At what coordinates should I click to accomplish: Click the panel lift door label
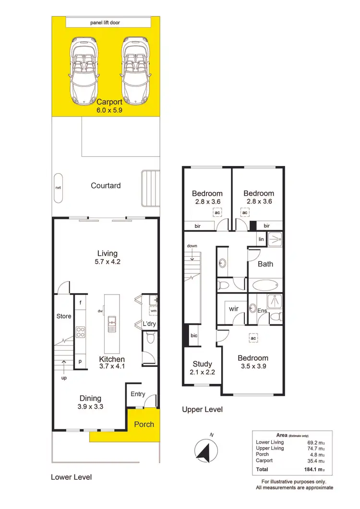tap(106, 23)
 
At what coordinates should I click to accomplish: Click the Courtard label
tap(106, 185)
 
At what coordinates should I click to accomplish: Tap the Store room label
tap(63, 316)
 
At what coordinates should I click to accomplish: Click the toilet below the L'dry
tap(150, 340)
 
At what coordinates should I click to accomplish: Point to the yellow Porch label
tap(144, 424)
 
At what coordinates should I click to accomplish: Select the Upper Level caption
tap(202, 410)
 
